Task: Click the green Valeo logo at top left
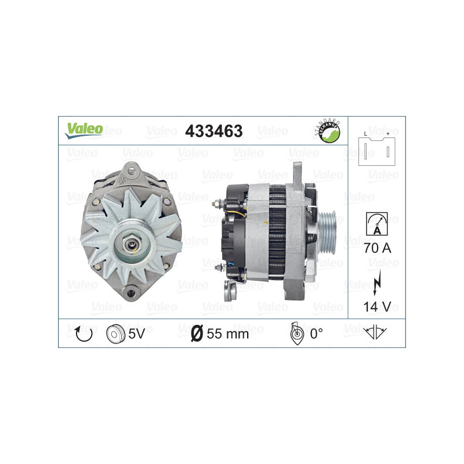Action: pos(84,130)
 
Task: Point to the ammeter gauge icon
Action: pos(376,223)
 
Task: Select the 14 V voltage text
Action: pos(376,306)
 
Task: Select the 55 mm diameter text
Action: pos(227,333)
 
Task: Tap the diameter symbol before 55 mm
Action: pos(197,333)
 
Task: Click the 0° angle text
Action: pos(316,333)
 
